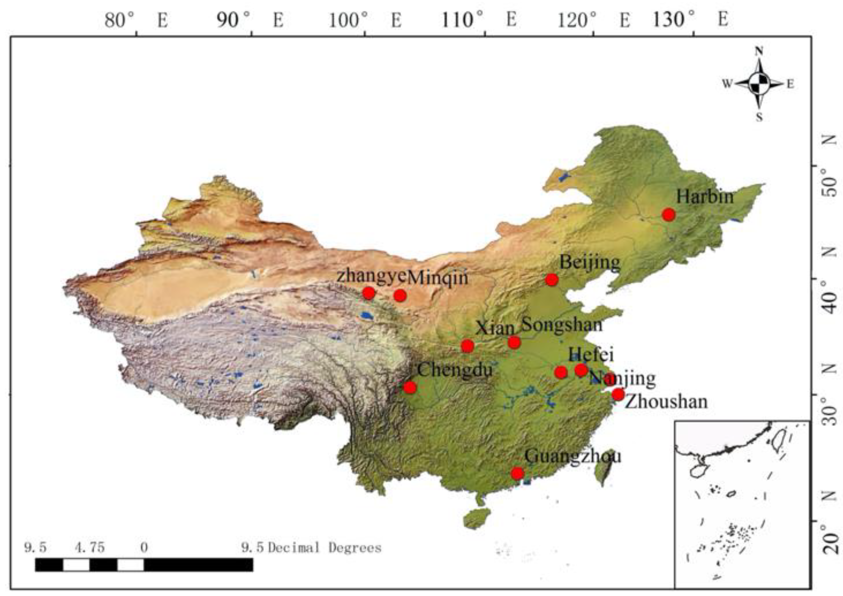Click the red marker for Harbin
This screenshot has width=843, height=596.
pos(669,214)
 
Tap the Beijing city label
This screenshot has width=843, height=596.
pos(590,263)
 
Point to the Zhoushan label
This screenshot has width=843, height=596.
pos(666,402)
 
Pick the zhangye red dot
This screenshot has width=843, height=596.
pos(369,293)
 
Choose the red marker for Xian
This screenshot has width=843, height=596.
pos(467,346)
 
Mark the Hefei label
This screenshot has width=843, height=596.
pos(591,355)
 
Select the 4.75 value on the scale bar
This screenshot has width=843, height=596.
pos(90,548)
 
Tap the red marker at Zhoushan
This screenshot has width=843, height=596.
pos(618,394)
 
